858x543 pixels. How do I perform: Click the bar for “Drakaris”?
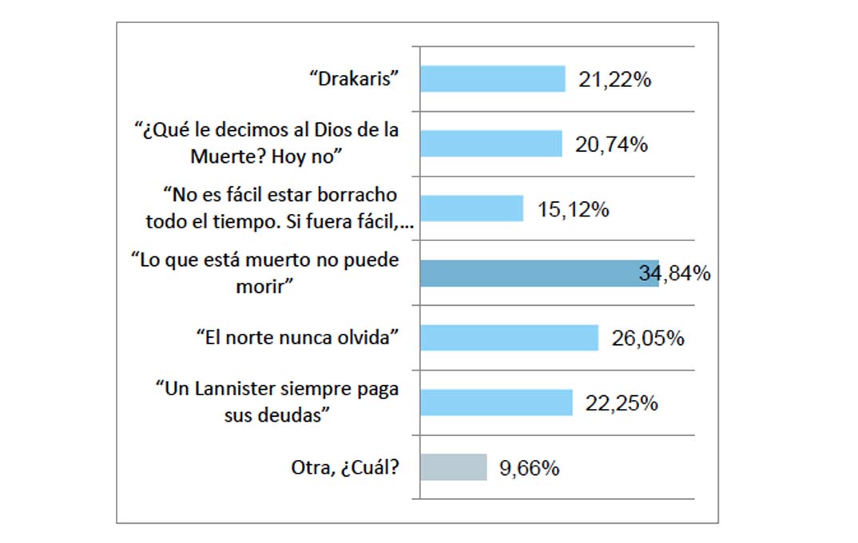point(492,79)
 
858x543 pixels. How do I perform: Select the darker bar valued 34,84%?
point(539,273)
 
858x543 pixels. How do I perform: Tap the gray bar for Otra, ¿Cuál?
point(453,467)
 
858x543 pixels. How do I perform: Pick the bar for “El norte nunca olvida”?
point(509,338)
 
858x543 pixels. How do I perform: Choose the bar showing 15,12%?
point(471,208)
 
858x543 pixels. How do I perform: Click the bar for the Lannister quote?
point(496,402)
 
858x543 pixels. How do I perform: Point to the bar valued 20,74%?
point(491,144)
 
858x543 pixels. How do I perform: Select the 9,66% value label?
point(529,468)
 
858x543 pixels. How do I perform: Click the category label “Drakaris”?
point(353,80)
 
